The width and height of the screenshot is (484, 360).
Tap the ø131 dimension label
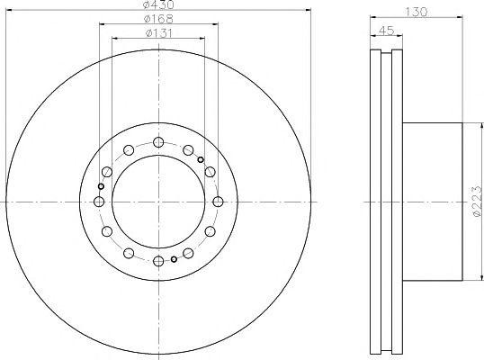tap(159, 33)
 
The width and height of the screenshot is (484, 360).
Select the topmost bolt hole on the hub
tap(159, 141)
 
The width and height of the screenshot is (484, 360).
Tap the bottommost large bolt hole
tap(159, 261)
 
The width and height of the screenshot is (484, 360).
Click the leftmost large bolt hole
tap(99, 201)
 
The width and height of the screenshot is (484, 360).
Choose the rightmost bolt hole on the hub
tap(219, 201)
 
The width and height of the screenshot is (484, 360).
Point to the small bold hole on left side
tap(101, 186)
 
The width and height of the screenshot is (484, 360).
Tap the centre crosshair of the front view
tap(159, 201)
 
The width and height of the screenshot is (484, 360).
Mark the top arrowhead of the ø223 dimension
tap(465, 124)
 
